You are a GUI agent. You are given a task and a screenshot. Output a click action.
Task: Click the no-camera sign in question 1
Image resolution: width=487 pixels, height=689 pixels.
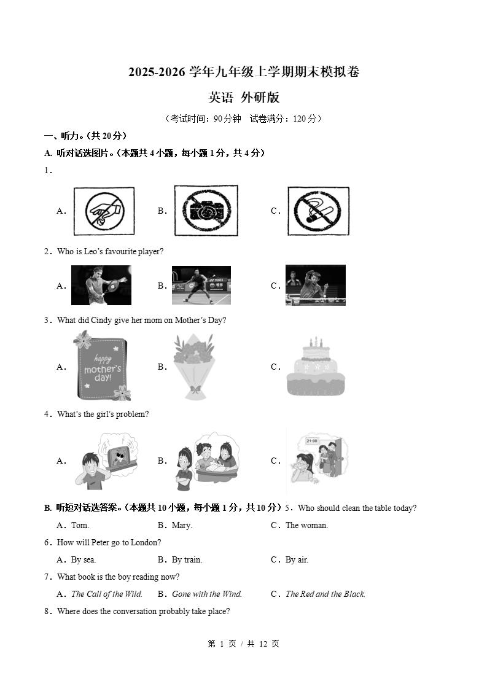[206, 211]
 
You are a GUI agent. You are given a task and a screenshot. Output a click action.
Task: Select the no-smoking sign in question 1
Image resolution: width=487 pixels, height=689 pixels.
[318, 211]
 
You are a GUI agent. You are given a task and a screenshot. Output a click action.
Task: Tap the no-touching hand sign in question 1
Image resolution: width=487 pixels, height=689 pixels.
[104, 211]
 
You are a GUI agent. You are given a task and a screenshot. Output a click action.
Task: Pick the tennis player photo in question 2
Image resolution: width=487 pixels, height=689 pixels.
[101, 286]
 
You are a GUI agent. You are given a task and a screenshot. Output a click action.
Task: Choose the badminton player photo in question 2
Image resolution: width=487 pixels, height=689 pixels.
[201, 286]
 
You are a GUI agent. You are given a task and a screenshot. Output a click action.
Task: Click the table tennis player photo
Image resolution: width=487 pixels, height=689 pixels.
[315, 286]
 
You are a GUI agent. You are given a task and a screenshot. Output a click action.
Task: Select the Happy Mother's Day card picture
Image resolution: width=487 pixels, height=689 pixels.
[101, 367]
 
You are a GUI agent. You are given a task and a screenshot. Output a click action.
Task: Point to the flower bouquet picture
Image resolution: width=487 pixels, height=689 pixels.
[195, 367]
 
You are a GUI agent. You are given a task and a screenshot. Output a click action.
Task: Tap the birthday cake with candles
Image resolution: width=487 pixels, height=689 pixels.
[315, 367]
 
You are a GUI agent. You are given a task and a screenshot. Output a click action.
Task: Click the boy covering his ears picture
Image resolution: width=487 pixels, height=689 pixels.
[107, 461]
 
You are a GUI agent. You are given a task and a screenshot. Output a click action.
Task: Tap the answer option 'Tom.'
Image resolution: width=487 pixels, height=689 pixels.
[80, 525]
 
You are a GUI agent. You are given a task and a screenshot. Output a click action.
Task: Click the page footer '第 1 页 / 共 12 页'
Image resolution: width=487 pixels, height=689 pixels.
[243, 644]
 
